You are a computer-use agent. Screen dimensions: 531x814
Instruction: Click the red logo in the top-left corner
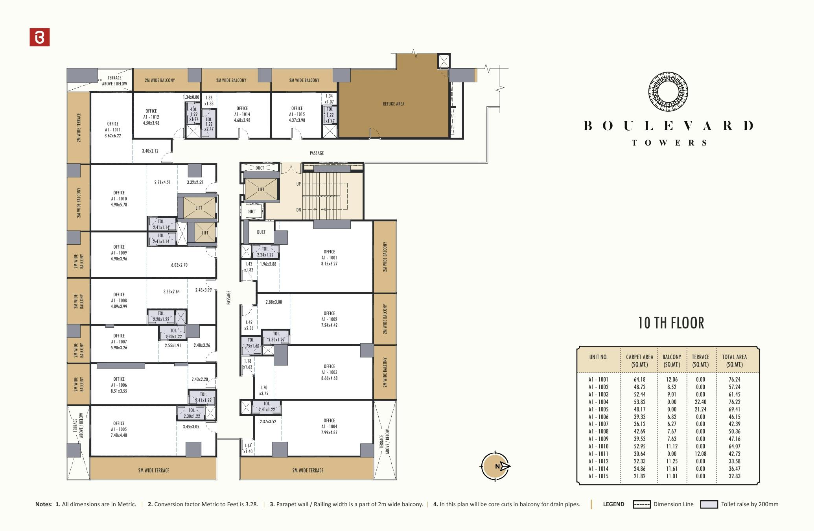point(40,37)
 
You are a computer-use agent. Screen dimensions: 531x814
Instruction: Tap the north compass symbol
point(495,466)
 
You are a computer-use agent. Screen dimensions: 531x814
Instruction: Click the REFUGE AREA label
point(393,104)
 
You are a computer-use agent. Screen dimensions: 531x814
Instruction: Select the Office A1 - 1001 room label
point(329,258)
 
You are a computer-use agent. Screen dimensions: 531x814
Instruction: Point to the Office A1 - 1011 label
point(112,129)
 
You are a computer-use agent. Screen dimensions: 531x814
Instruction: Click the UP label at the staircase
point(298,184)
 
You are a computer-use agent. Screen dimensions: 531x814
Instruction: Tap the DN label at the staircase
point(298,210)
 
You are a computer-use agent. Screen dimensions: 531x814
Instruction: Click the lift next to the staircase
point(261,189)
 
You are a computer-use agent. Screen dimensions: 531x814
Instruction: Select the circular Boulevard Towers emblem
point(668,91)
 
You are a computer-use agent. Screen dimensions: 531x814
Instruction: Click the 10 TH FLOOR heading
point(671,323)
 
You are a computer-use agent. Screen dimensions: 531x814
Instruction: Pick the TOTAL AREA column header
point(734,360)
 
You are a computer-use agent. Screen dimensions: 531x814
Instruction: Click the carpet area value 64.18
point(639,380)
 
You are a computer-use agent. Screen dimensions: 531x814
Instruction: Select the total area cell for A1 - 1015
point(734,476)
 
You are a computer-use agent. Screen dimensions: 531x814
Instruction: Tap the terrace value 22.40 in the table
point(700,402)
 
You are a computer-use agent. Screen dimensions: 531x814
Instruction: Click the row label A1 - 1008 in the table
point(598,431)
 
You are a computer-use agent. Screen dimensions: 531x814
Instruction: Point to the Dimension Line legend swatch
point(641,504)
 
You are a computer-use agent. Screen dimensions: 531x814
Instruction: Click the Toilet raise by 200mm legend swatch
point(709,504)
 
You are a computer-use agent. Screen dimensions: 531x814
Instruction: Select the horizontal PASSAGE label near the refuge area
point(317,153)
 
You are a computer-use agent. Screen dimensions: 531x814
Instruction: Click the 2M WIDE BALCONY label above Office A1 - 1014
point(231,80)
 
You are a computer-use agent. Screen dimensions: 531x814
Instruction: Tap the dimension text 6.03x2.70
point(179,265)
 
